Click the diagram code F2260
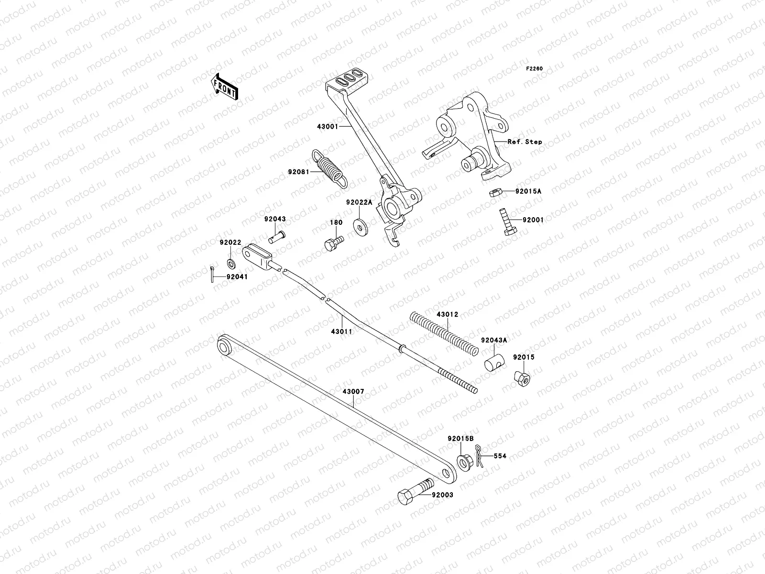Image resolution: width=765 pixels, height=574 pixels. pyautogui.click(x=535, y=69)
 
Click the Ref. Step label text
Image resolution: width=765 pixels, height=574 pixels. pyautogui.click(x=525, y=142)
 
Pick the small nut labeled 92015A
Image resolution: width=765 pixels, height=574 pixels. pyautogui.click(x=495, y=192)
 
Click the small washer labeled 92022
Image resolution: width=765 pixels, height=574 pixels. pyautogui.click(x=230, y=263)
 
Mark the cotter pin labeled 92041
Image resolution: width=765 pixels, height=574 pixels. pyautogui.click(x=211, y=275)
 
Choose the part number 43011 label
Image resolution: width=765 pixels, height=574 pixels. pyautogui.click(x=341, y=331)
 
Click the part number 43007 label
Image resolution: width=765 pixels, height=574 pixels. pyautogui.click(x=353, y=391)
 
